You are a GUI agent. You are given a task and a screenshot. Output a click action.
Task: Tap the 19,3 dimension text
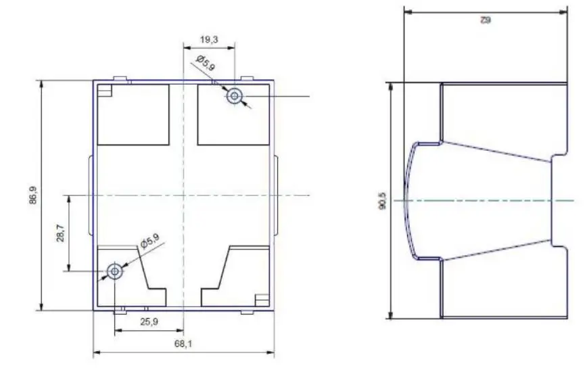[x=209, y=40]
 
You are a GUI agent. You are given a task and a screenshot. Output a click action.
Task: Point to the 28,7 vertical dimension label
[x=61, y=233]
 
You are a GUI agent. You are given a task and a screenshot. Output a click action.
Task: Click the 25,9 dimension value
[x=149, y=322]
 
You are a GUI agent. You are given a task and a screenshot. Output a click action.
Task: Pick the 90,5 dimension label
[x=382, y=200]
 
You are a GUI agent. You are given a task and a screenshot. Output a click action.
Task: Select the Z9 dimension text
[x=485, y=20]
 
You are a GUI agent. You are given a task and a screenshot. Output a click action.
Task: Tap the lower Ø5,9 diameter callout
[x=149, y=241]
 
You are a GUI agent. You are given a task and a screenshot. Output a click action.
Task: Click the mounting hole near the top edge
[x=235, y=96]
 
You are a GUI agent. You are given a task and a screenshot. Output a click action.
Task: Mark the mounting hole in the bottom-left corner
[x=114, y=271]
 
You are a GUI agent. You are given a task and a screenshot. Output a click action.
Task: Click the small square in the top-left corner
[x=105, y=90]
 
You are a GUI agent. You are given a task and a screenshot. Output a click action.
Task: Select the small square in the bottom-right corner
[x=261, y=298]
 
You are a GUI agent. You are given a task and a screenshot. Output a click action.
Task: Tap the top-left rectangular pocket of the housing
[x=133, y=114]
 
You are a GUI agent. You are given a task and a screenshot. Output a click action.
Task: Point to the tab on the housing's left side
[x=91, y=196]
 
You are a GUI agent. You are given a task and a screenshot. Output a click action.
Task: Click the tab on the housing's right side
[x=277, y=196]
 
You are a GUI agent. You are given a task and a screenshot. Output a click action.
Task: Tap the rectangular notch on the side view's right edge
[x=559, y=200]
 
